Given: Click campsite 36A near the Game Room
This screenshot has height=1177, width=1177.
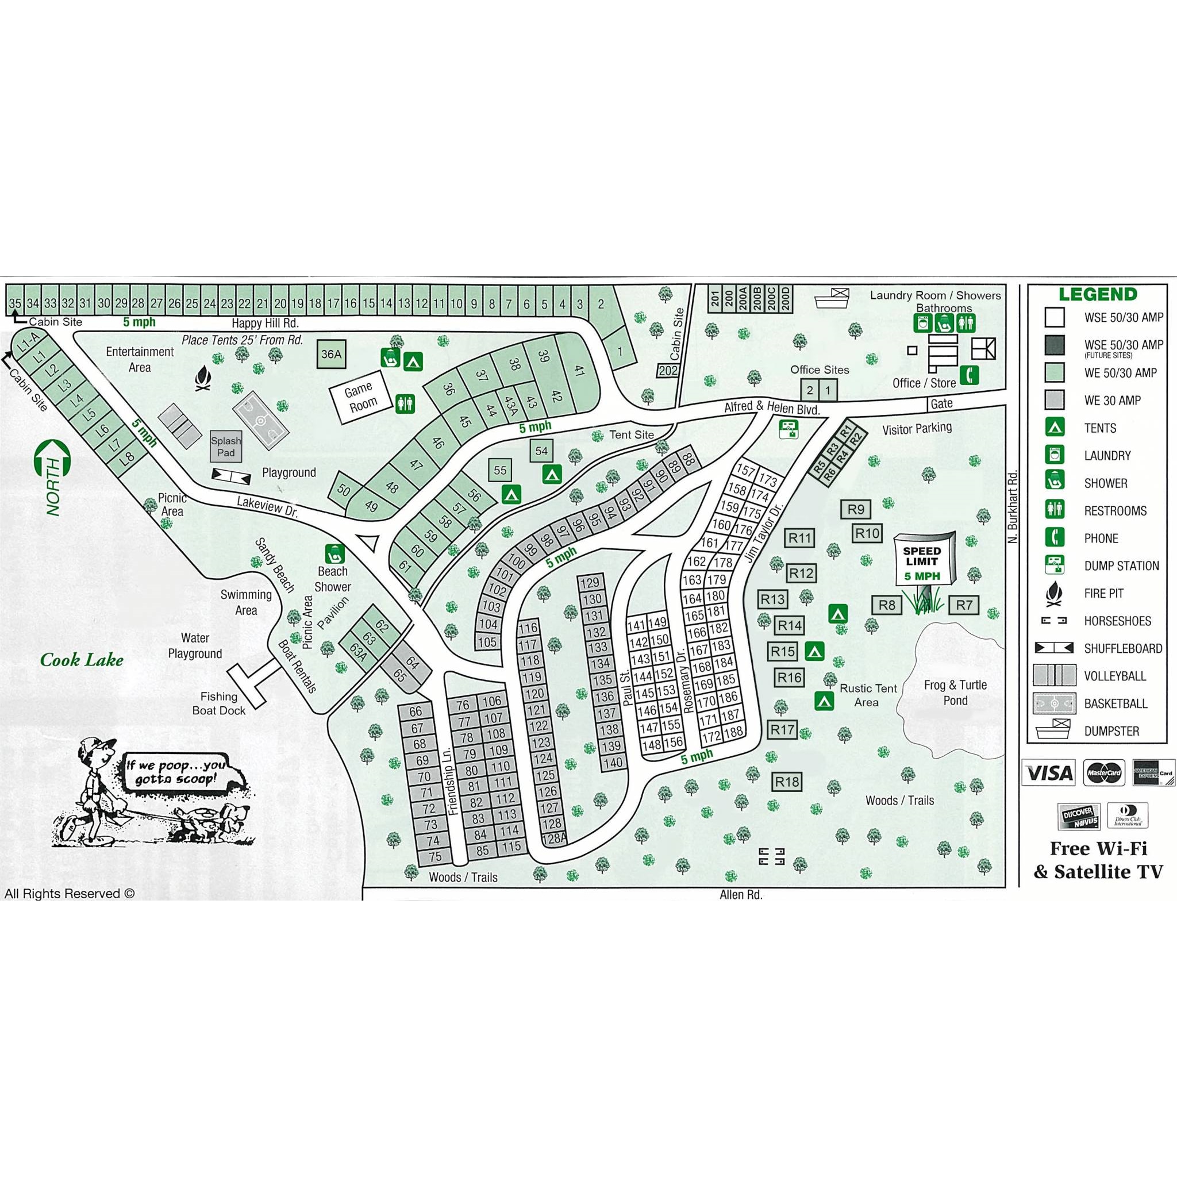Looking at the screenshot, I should coord(332,355).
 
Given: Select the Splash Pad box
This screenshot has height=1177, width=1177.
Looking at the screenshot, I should coord(226,447).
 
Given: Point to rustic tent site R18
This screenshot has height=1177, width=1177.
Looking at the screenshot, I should coord(787,782).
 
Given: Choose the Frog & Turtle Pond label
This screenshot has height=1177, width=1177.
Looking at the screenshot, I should coord(955,693).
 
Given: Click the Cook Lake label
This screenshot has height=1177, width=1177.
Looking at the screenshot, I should coord(82,659).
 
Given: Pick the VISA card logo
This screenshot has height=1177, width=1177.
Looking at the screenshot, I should coord(1049,773).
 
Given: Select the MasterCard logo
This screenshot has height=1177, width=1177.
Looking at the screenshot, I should coord(1104,773).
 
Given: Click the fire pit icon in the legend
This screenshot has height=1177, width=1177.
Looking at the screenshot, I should coord(1055,593).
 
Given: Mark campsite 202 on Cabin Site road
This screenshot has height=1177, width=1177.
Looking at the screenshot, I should coord(668,371).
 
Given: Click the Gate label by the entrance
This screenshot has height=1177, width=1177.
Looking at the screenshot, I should coord(941,403).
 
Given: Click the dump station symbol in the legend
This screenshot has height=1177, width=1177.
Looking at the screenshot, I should coord(1055,566).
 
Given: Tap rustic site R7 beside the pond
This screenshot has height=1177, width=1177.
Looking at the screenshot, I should coord(964,605).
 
